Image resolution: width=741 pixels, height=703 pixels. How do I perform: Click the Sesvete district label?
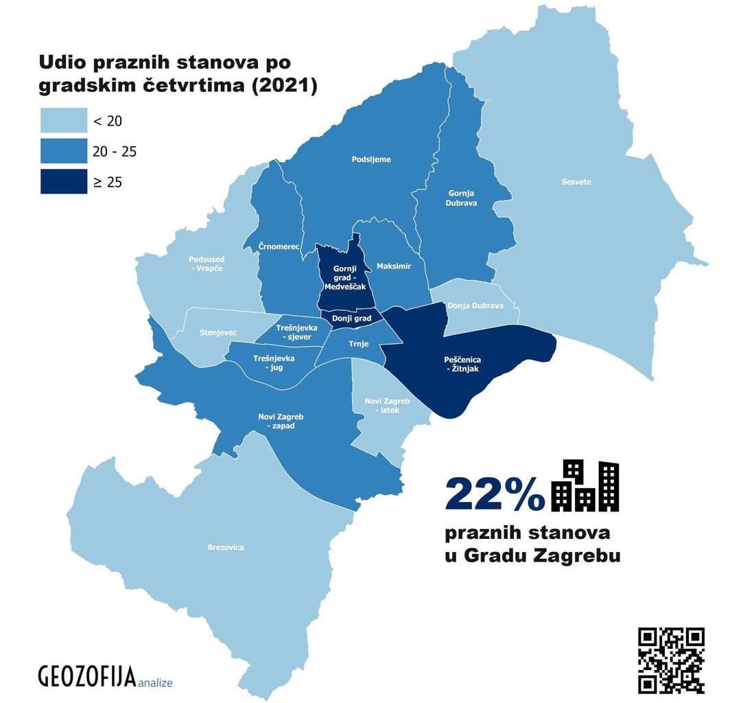tap(576, 182)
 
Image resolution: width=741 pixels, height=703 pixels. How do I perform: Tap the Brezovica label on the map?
tap(225, 547)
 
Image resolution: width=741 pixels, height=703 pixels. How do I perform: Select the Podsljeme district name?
tap(371, 159)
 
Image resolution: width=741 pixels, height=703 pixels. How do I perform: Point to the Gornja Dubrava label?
tap(461, 198)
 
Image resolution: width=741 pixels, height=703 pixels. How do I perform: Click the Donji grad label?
tap(351, 319)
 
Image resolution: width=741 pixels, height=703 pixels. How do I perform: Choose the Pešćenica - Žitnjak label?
tap(462, 364)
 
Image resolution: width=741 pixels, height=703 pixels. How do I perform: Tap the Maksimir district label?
tap(394, 266)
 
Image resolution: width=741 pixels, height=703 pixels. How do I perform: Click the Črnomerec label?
tap(279, 246)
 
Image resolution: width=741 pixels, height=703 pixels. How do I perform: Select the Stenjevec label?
tap(218, 332)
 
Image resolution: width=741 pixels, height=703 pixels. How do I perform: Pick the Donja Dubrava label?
tap(475, 306)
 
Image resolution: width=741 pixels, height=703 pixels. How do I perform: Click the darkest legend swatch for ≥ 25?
tap(64, 181)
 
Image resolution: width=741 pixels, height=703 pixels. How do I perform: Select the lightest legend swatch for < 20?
tap(64, 121)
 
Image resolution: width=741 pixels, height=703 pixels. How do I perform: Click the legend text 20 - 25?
tap(115, 151)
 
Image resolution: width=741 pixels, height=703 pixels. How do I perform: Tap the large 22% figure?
tap(494, 494)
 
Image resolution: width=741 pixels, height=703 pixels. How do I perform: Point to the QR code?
tap(671, 660)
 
